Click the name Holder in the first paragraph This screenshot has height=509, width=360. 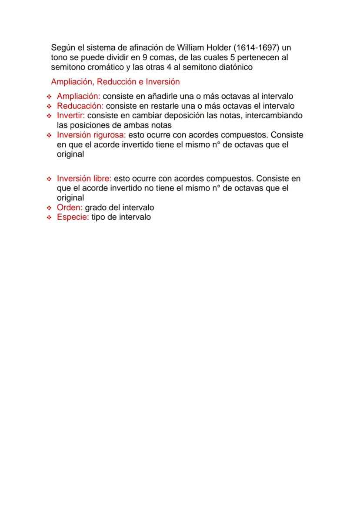point(219,47)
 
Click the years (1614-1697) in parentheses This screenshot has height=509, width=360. point(257,47)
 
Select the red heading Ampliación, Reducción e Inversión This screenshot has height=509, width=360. point(115,82)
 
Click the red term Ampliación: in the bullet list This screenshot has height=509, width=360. point(79,96)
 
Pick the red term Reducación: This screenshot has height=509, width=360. point(80,106)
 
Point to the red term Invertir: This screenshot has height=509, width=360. point(71,116)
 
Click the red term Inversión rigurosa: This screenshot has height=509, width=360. point(91,135)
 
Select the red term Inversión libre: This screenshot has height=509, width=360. point(84,179)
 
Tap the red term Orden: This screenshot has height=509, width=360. point(70,208)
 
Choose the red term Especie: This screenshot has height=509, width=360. point(73,217)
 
